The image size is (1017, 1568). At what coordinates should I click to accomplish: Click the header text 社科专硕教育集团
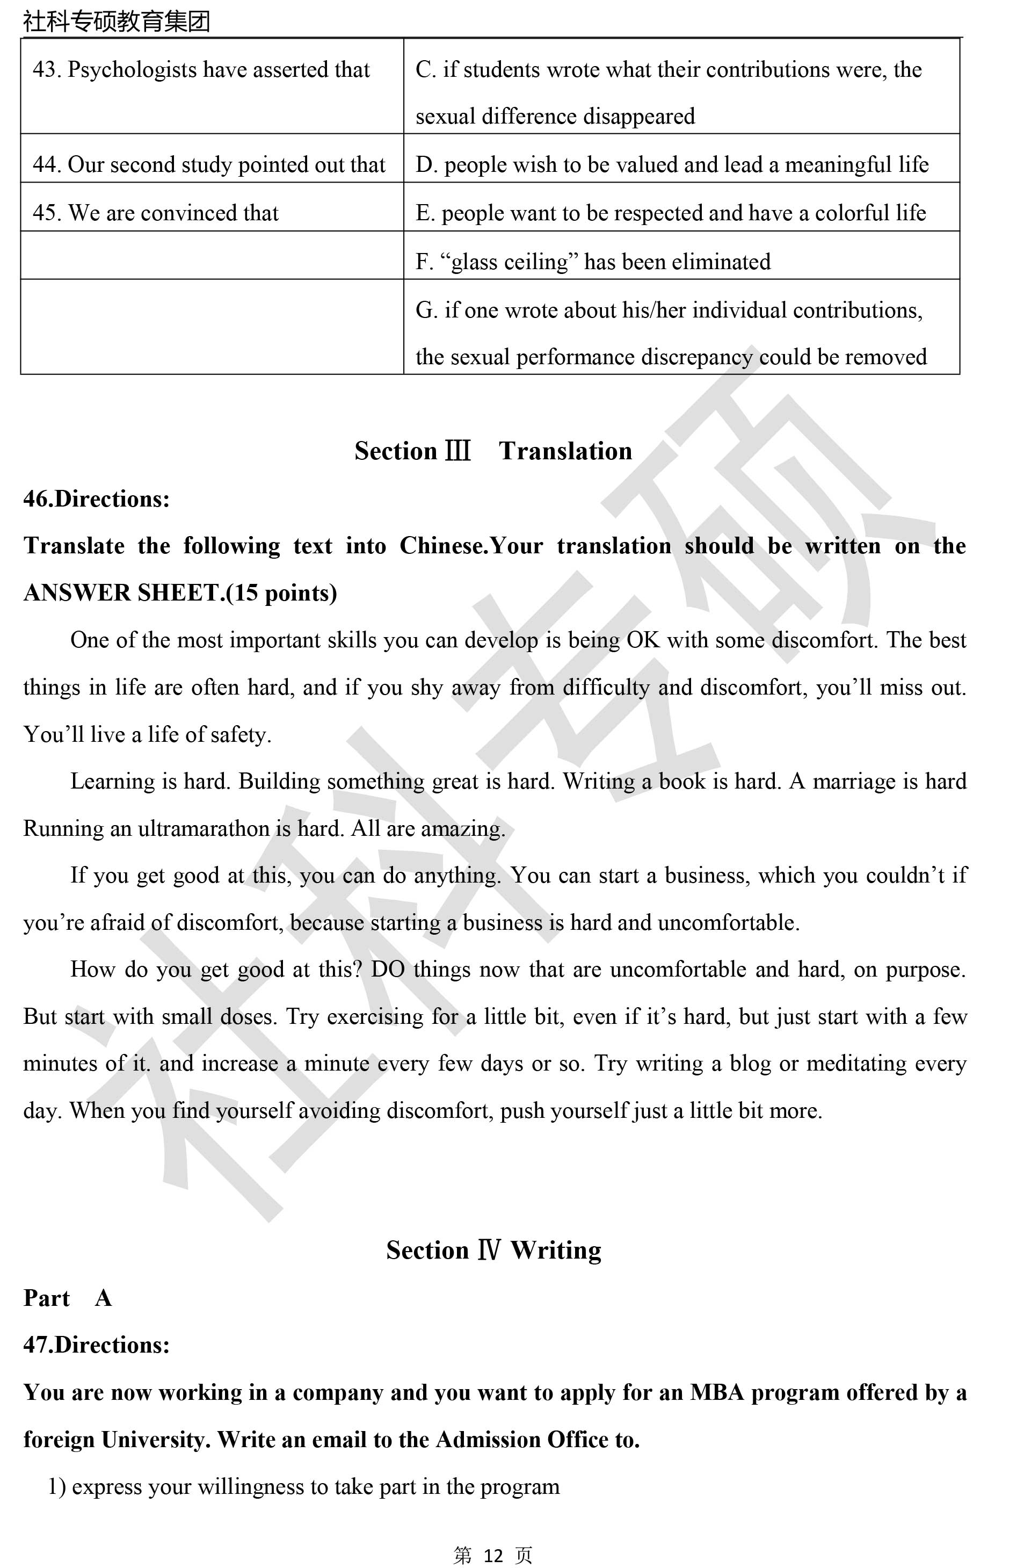coord(117,21)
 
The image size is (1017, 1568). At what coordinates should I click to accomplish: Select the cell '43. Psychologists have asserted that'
coord(201,70)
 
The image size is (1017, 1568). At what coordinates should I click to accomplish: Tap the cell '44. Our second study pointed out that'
coord(209,165)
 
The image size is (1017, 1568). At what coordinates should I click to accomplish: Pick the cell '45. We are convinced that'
coord(156,213)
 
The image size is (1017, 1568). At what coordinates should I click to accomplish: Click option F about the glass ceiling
coord(593,262)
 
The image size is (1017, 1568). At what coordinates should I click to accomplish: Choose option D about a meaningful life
coord(672,165)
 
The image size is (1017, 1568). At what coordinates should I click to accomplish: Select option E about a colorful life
coord(671,213)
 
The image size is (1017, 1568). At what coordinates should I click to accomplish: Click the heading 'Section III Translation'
coord(493,451)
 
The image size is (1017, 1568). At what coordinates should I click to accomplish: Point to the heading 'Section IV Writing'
coord(493,1250)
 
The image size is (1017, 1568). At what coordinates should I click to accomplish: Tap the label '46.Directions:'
coord(97,498)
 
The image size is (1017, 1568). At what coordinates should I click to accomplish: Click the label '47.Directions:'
coord(97,1345)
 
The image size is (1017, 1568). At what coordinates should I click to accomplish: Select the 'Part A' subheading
coord(67,1298)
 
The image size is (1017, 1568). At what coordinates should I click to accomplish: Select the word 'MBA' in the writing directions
coord(717,1392)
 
